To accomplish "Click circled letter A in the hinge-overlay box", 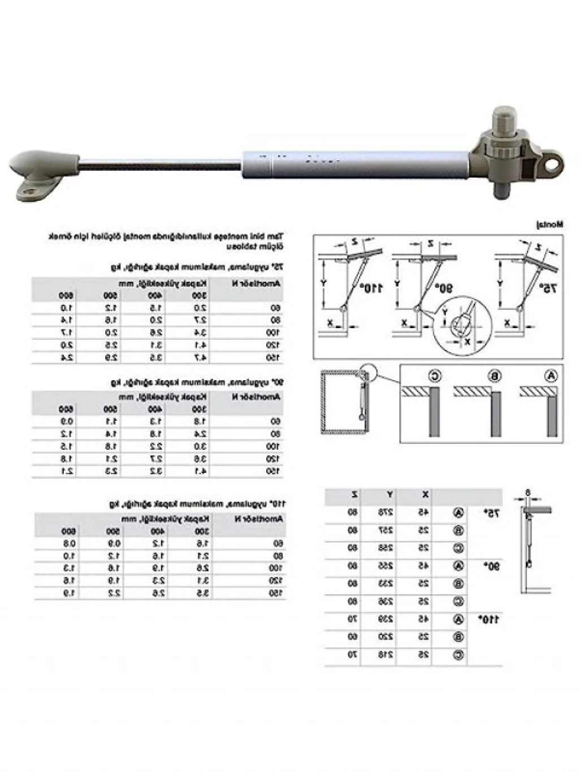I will (551, 376).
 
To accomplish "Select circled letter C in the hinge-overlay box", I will (434, 376).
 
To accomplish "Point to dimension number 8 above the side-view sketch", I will (527, 492).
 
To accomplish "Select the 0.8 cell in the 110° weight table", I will (68, 544).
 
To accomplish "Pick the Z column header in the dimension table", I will (354, 495).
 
